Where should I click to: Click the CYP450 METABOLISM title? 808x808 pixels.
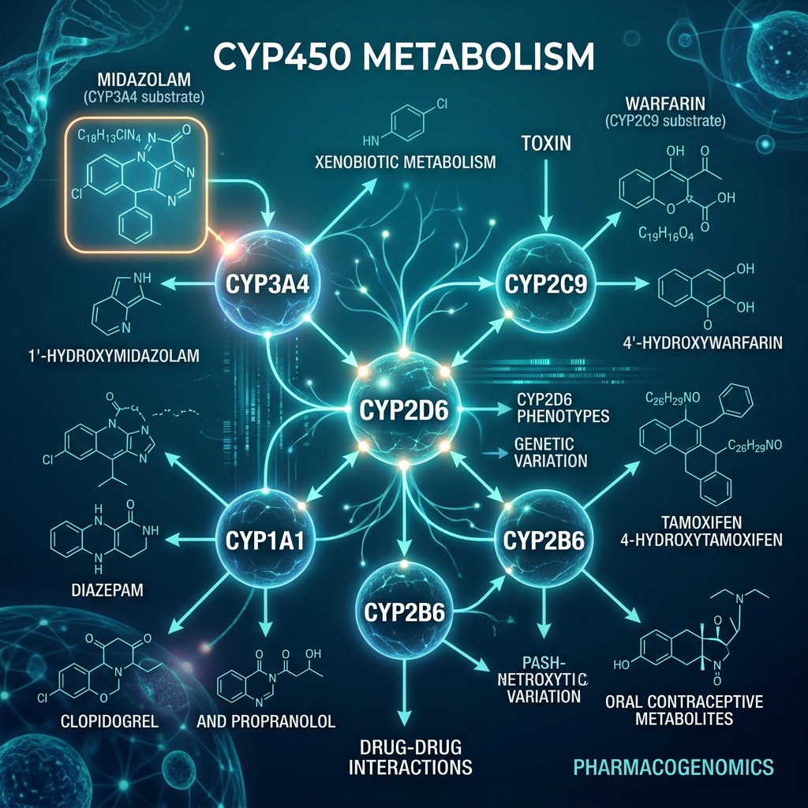point(403,60)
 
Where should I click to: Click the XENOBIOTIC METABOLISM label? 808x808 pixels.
point(404,163)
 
